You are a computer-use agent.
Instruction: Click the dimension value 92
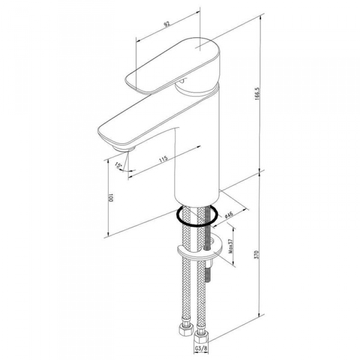167,24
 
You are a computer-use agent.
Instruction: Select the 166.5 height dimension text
257,93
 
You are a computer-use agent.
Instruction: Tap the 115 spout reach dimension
164,160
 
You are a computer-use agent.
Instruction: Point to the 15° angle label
118,165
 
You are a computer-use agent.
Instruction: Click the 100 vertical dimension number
111,197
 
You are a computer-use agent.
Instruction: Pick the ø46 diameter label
229,215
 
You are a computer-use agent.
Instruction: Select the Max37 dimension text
230,246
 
